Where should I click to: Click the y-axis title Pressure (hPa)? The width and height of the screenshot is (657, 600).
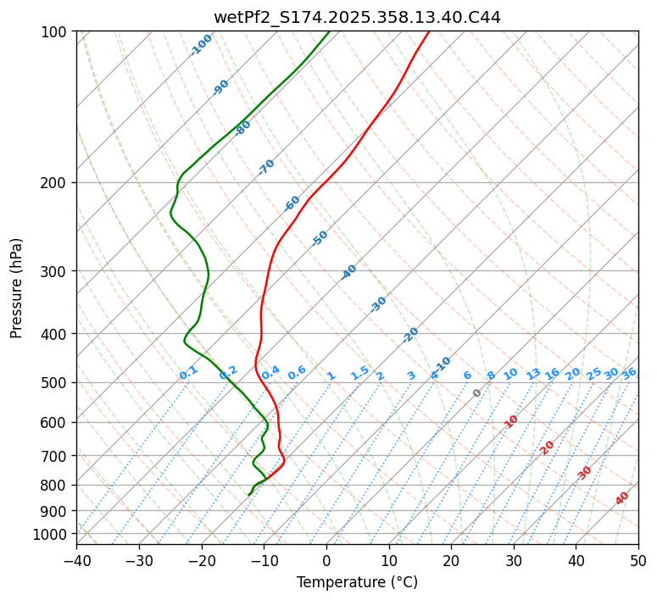[x=17, y=288]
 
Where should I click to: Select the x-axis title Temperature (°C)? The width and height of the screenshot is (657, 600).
[x=357, y=582]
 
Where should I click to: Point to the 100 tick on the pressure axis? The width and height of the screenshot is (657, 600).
[x=56, y=32]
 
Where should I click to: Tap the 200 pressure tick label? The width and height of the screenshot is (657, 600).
[x=56, y=183]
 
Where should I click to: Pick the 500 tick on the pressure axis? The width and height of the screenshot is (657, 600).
[x=56, y=383]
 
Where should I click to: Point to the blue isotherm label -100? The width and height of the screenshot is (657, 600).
[x=201, y=45]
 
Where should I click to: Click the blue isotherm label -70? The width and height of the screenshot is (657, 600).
[x=266, y=167]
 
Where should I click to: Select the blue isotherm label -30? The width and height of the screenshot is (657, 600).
[x=378, y=304]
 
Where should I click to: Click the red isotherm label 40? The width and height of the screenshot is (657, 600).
[x=622, y=498]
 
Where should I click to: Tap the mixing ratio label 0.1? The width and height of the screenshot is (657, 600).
[x=188, y=373]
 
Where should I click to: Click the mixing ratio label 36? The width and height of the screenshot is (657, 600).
[x=629, y=374]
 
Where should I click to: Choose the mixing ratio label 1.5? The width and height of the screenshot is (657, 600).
[x=359, y=373]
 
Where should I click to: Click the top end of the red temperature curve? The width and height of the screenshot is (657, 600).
[x=428, y=32]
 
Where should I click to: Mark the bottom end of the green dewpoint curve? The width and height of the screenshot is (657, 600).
[x=248, y=495]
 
